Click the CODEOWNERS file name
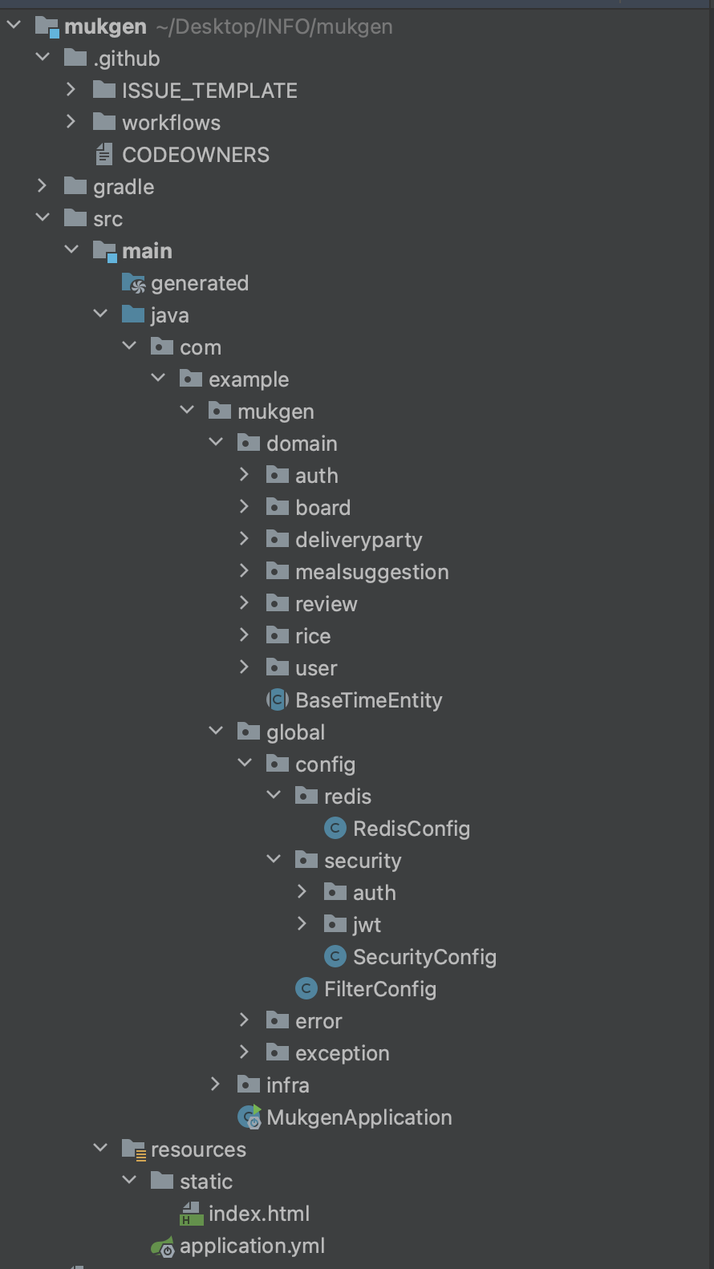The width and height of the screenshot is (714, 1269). pyautogui.click(x=195, y=155)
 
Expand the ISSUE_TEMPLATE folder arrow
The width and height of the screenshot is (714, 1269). pyautogui.click(x=71, y=90)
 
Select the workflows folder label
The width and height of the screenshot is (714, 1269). pyautogui.click(x=171, y=123)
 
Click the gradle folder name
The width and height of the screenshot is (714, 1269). pyautogui.click(x=124, y=187)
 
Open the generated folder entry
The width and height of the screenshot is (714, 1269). pyautogui.click(x=199, y=283)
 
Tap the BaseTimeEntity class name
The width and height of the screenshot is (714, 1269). pyautogui.click(x=368, y=700)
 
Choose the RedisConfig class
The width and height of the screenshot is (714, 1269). pyautogui.click(x=411, y=829)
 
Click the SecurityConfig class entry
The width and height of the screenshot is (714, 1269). pyautogui.click(x=424, y=957)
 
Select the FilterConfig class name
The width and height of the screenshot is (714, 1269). pyautogui.click(x=379, y=989)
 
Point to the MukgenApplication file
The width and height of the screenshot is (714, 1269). pyautogui.click(x=359, y=1117)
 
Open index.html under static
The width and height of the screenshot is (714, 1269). pyautogui.click(x=258, y=1214)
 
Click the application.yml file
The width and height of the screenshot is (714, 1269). pyautogui.click(x=252, y=1246)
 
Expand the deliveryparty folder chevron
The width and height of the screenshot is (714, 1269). pyautogui.click(x=245, y=539)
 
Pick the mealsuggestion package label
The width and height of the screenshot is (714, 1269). pyautogui.click(x=371, y=572)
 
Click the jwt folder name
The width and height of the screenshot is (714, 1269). pyautogui.click(x=367, y=925)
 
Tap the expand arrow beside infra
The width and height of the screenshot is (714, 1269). pyautogui.click(x=215, y=1085)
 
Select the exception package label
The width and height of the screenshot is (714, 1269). pyautogui.click(x=342, y=1053)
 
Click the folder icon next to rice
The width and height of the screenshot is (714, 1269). pyautogui.click(x=278, y=635)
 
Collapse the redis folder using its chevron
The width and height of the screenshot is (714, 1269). pyautogui.click(x=274, y=796)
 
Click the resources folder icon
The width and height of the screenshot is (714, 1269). pyautogui.click(x=133, y=1149)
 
